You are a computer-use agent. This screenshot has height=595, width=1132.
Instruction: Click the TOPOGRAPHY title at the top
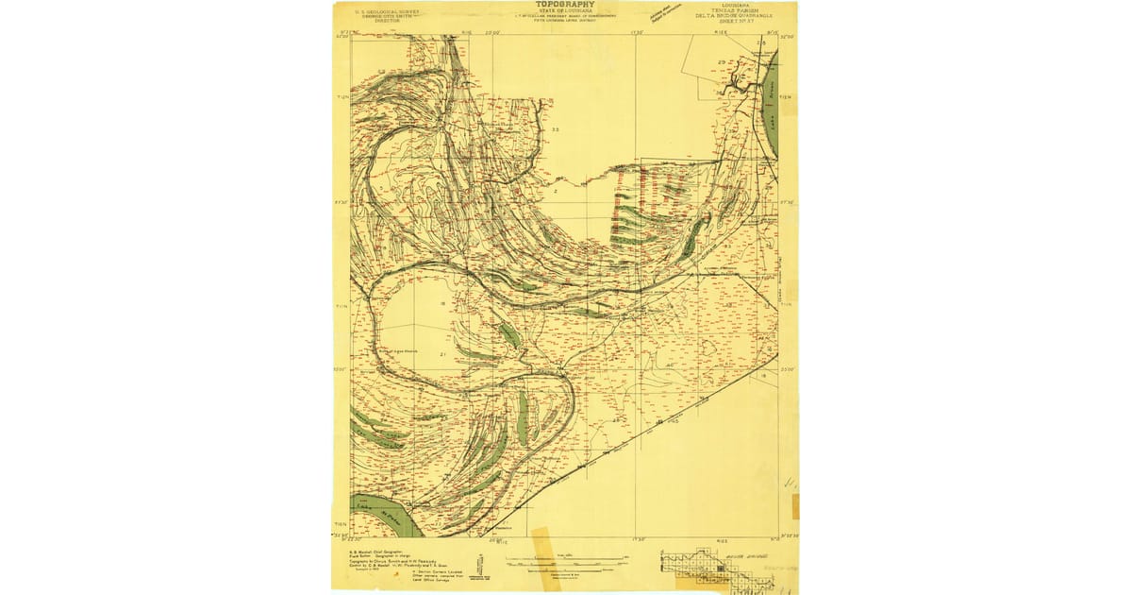click(566, 5)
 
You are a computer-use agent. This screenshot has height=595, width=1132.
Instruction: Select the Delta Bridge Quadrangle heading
click(731, 16)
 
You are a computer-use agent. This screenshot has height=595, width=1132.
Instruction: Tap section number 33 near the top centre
click(556, 129)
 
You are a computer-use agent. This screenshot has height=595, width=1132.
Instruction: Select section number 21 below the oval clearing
click(442, 354)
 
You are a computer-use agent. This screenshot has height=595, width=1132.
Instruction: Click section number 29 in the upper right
click(722, 62)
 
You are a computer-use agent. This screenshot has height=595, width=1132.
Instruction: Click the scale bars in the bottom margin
click(566, 563)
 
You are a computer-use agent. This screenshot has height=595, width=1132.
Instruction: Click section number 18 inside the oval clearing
click(442, 303)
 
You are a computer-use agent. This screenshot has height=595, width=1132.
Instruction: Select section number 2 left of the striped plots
click(556, 193)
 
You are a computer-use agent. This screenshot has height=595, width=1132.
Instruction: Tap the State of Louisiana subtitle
click(566, 11)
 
